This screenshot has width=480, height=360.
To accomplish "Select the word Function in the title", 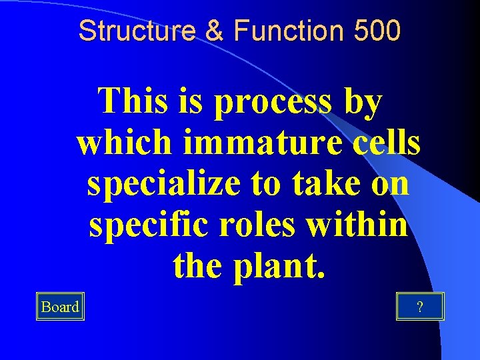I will click(x=272, y=30).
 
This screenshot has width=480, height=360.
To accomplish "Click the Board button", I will click(x=60, y=307).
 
